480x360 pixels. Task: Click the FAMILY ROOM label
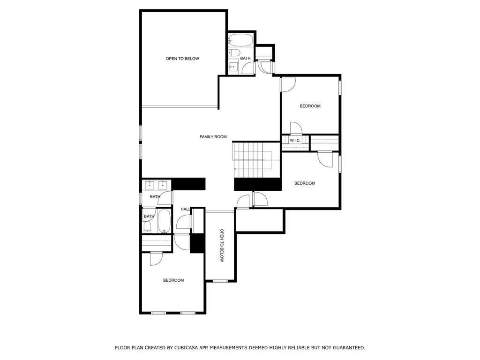(x=213, y=137)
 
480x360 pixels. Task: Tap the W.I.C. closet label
(x=295, y=141)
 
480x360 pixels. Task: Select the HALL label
(x=185, y=209)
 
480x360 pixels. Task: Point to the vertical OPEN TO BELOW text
(x=222, y=246)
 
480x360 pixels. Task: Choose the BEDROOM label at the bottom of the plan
(x=173, y=280)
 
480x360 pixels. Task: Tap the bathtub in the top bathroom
(x=241, y=39)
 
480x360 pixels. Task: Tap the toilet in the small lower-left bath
(x=147, y=227)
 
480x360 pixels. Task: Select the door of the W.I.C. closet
(x=295, y=128)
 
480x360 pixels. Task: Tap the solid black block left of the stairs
(x=189, y=184)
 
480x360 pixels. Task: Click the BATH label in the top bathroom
(x=246, y=59)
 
